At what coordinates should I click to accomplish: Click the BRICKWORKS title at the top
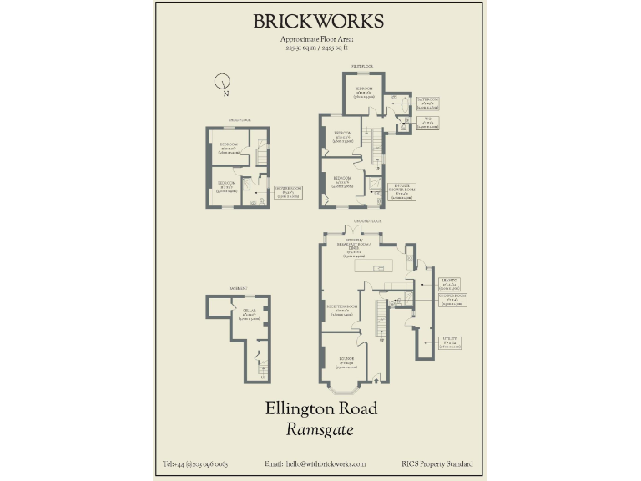pos(319,22)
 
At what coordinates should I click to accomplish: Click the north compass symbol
pos(223,82)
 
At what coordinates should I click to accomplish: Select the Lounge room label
pos(346,361)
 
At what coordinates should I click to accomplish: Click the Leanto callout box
pos(451,284)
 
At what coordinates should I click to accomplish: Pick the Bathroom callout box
pos(428,104)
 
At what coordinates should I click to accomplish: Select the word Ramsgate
pos(320,431)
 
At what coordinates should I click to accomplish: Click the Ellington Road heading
pos(321,409)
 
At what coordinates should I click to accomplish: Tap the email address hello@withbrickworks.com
pos(315,464)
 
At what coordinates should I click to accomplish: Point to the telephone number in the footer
pos(195,464)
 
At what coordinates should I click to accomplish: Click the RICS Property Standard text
pos(437,464)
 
